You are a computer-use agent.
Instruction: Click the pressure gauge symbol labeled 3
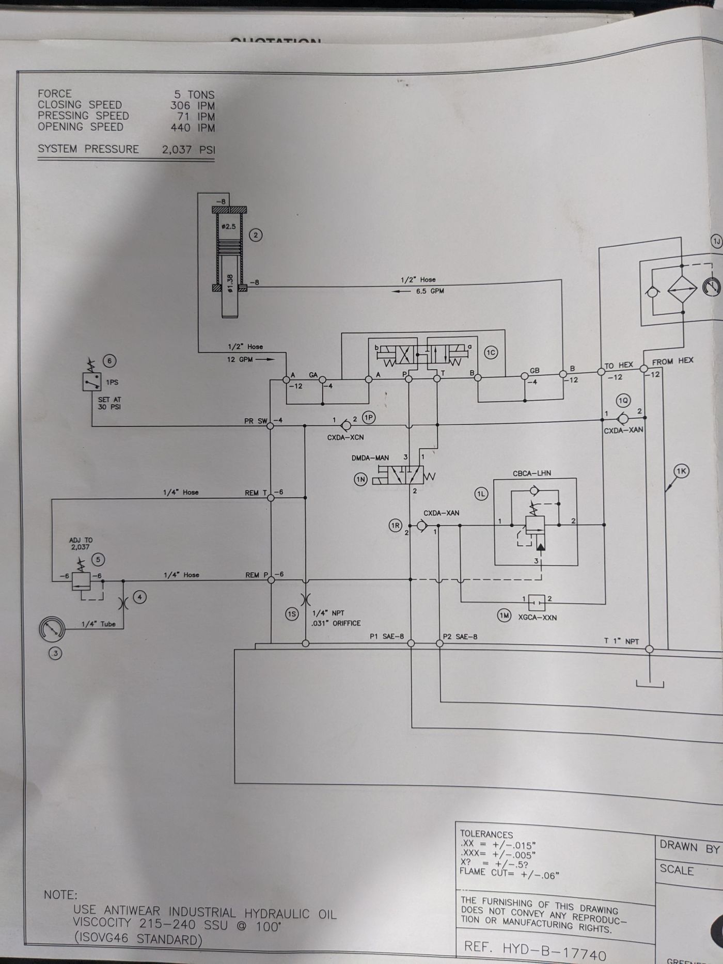53,629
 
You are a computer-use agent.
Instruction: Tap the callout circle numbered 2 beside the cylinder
256,235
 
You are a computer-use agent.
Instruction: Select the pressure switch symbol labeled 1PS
92,382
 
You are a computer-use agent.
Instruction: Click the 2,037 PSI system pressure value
188,150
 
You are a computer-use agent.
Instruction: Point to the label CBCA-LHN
531,473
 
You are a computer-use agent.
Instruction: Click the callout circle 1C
491,353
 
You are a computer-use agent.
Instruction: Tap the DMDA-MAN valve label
370,457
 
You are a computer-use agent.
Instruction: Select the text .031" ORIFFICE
336,623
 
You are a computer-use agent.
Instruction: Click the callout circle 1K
682,471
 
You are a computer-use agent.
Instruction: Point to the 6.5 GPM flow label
430,291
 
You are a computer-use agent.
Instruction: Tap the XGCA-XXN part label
537,617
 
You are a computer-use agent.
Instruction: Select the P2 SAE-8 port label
460,637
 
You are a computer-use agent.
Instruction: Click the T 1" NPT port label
621,641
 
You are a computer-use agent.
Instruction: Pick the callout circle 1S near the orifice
292,614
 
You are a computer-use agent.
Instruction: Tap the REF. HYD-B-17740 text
535,947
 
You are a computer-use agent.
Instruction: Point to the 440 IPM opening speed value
193,128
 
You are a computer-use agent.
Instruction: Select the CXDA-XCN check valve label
345,437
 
